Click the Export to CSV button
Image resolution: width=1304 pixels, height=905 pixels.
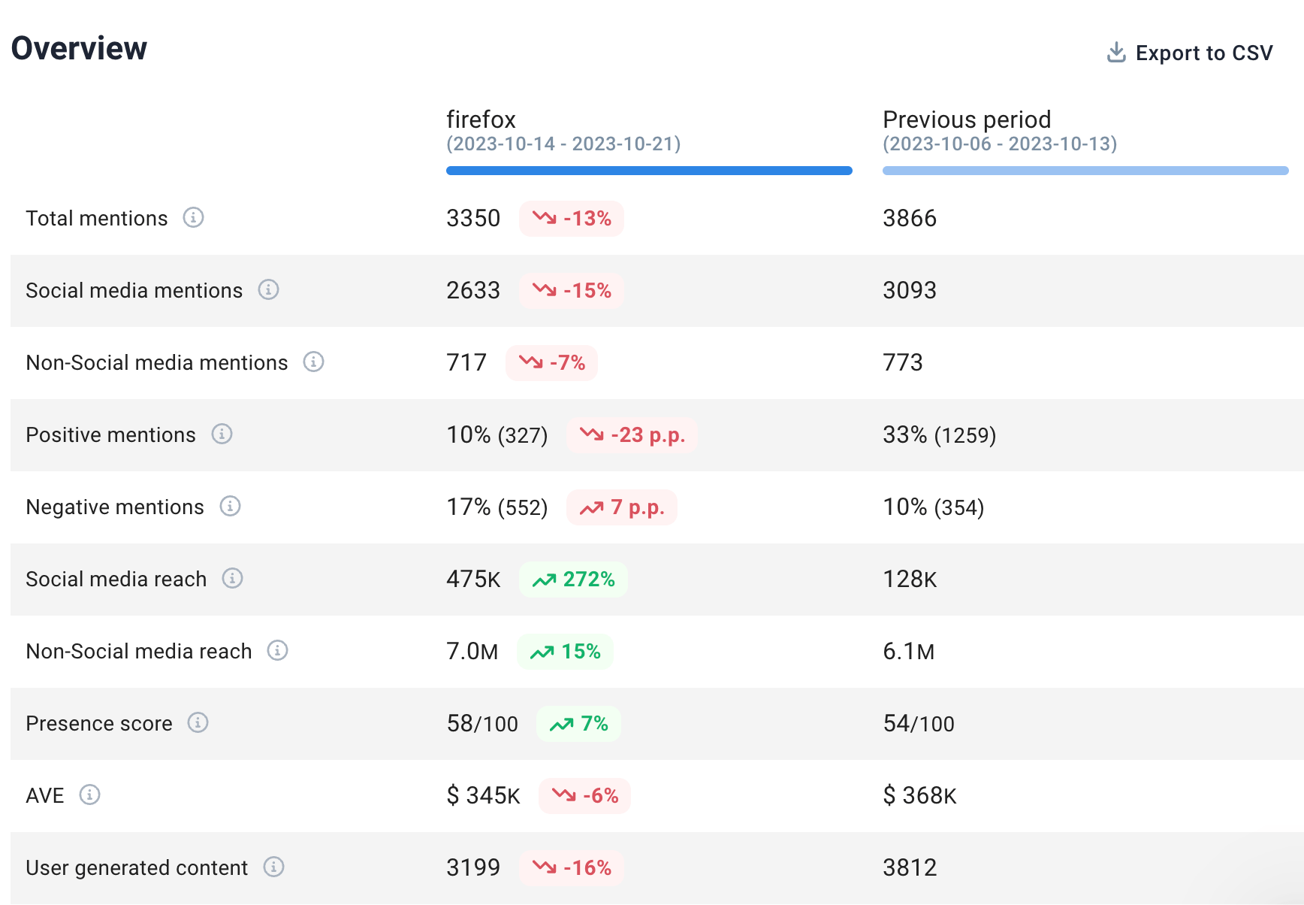pyautogui.click(x=1190, y=53)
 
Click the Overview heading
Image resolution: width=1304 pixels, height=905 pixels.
pyautogui.click(x=79, y=48)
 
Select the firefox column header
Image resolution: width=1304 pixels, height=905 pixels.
pyautogui.click(x=481, y=120)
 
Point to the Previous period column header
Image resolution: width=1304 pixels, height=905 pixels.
pyautogui.click(x=967, y=120)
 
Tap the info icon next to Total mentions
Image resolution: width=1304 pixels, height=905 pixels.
pyautogui.click(x=193, y=218)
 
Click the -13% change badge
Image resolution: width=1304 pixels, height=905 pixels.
pyautogui.click(x=572, y=219)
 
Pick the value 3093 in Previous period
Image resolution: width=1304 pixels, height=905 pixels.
pyautogui.click(x=909, y=291)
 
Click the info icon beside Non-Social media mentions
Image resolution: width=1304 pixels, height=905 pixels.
pyautogui.click(x=313, y=362)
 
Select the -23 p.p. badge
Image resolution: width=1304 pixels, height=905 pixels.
pyautogui.click(x=632, y=435)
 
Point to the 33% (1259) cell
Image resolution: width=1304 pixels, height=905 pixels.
pyautogui.click(x=939, y=435)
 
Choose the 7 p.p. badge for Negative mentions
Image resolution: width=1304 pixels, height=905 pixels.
pyautogui.click(x=622, y=507)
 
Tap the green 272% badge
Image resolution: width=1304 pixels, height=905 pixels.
pyautogui.click(x=573, y=580)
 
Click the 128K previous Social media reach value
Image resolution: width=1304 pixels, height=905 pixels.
pyautogui.click(x=910, y=580)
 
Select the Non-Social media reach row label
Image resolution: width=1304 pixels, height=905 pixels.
pyautogui.click(x=139, y=652)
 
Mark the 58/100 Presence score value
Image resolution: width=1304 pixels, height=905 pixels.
pyautogui.click(x=482, y=724)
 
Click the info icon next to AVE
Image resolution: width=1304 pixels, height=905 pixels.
pyautogui.click(x=89, y=795)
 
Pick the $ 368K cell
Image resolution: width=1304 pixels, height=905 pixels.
pyautogui.click(x=919, y=796)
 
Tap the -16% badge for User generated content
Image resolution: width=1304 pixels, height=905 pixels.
pyautogui.click(x=572, y=868)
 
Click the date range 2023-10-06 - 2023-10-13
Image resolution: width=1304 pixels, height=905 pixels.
pyautogui.click(x=1000, y=144)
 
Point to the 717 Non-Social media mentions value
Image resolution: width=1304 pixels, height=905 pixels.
pyautogui.click(x=466, y=363)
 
